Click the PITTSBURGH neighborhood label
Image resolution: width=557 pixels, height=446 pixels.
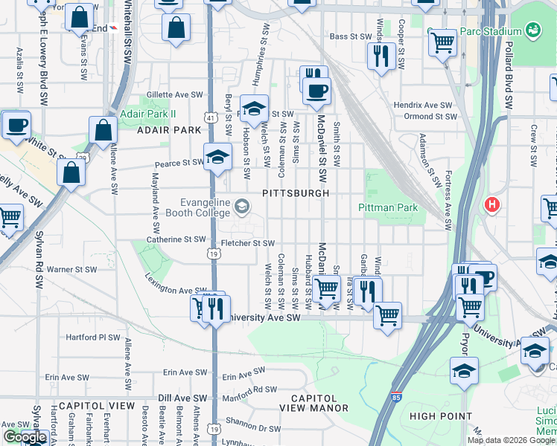tap(296, 193)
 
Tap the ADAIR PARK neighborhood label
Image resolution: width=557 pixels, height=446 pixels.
tap(169, 130)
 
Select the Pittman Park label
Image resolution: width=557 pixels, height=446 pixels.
tap(388, 208)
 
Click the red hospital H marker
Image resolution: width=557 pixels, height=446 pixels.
tap(491, 204)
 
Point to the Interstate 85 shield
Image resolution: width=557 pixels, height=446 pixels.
tap(396, 398)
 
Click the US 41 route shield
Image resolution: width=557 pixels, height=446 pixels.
tap(212, 117)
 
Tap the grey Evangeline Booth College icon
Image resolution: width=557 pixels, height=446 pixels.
tap(241, 205)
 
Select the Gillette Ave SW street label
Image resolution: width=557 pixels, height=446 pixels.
tap(175, 95)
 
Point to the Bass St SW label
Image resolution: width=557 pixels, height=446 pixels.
tap(349, 36)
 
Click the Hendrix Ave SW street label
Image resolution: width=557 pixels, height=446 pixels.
tap(423, 106)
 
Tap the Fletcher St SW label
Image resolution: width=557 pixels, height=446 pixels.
tap(248, 243)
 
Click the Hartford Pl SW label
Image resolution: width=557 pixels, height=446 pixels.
tap(92, 337)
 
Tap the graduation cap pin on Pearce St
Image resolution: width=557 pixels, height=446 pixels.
tap(217, 157)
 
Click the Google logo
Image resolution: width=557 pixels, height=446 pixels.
tap(25, 437)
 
